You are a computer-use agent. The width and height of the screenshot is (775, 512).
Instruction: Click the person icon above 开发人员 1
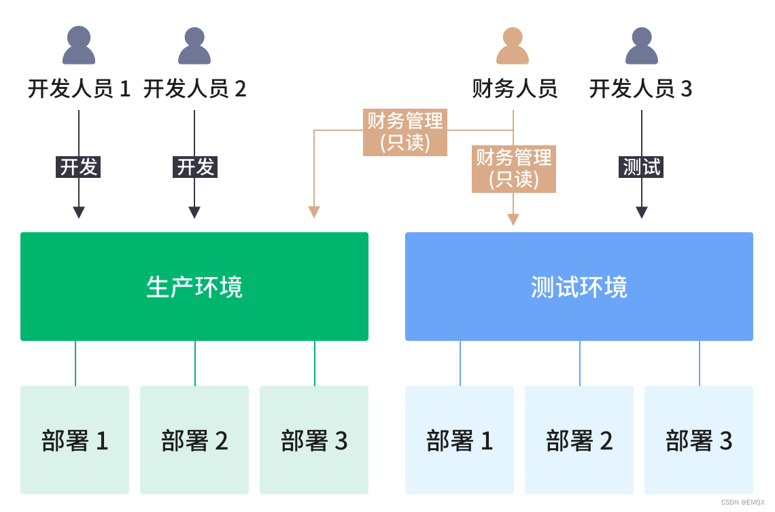79,45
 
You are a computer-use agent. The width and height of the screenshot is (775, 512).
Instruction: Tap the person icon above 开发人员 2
194,45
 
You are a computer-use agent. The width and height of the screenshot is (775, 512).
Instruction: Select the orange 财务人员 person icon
513,45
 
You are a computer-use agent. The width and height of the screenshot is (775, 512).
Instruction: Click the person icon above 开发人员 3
642,45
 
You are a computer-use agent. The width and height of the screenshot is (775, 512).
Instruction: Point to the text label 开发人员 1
79,89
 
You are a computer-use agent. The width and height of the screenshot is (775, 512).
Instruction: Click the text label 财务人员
515,89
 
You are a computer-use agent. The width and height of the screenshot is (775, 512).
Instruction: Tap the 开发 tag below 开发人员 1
78,167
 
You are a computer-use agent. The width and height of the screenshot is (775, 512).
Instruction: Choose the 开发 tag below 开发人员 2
195,167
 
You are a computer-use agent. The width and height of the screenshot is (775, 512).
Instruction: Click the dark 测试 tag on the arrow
641,167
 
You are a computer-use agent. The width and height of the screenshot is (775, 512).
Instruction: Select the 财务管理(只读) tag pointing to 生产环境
405,132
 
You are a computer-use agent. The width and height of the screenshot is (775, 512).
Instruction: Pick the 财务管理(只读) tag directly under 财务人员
514,169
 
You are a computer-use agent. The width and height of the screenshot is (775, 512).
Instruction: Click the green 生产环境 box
194,287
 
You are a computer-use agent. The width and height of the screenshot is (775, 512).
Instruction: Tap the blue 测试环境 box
579,287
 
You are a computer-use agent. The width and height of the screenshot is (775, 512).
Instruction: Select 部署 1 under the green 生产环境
75,440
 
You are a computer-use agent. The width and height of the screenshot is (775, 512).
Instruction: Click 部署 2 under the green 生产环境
194,440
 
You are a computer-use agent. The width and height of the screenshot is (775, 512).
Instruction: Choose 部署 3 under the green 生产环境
314,440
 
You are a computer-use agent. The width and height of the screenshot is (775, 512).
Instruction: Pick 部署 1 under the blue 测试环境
460,440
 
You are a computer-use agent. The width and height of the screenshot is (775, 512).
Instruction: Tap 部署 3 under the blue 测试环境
699,440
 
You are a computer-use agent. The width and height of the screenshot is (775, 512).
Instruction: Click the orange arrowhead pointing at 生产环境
314,212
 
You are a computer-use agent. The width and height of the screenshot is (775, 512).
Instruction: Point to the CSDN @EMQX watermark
742,502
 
